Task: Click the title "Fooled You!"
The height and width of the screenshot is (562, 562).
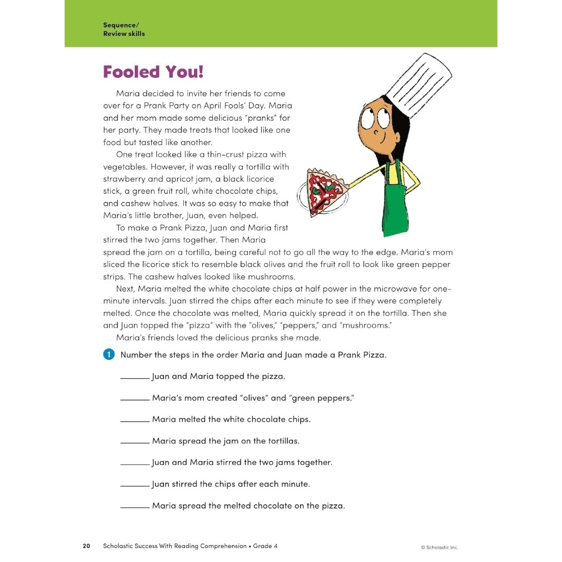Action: click(x=153, y=72)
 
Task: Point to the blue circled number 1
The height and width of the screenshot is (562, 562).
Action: click(x=108, y=355)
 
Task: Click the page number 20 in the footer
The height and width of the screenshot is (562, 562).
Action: click(x=87, y=546)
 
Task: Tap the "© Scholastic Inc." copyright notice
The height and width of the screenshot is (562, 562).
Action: click(x=439, y=547)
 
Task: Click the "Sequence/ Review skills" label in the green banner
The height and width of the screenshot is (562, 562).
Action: click(x=124, y=29)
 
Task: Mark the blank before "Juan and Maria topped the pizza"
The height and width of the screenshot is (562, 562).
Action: click(x=135, y=378)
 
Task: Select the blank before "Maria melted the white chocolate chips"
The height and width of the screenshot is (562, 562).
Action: click(x=135, y=421)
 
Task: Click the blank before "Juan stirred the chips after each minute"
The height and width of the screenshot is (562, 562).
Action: click(x=135, y=486)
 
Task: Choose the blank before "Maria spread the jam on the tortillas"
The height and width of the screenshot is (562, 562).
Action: click(x=135, y=442)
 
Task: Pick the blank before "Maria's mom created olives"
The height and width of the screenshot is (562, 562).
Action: click(x=135, y=399)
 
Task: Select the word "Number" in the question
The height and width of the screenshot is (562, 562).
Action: click(x=136, y=355)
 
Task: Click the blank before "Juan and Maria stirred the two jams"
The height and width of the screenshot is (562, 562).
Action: click(x=135, y=464)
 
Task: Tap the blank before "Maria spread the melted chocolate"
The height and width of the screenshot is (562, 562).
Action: click(x=135, y=507)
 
